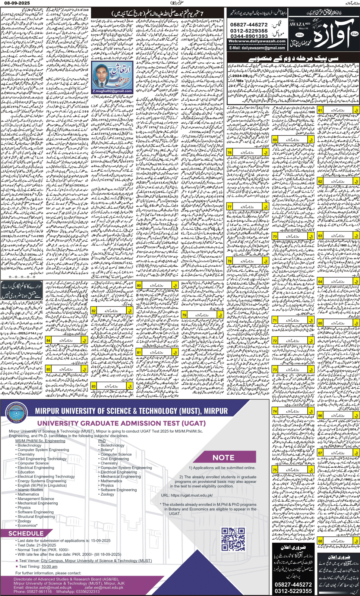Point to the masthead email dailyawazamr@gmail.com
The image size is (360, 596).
pos(257,48)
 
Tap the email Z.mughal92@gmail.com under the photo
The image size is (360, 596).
pos(112,91)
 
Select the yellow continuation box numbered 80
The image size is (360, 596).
pos(157,285)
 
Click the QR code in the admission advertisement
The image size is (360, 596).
pos(233,539)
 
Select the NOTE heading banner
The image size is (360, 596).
pos(223,457)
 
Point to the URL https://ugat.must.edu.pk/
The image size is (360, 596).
pos(187,495)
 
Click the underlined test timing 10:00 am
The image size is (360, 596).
pos(49,566)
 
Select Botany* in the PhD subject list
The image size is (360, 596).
pos(107,450)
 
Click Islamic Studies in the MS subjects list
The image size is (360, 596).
pos(30,490)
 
